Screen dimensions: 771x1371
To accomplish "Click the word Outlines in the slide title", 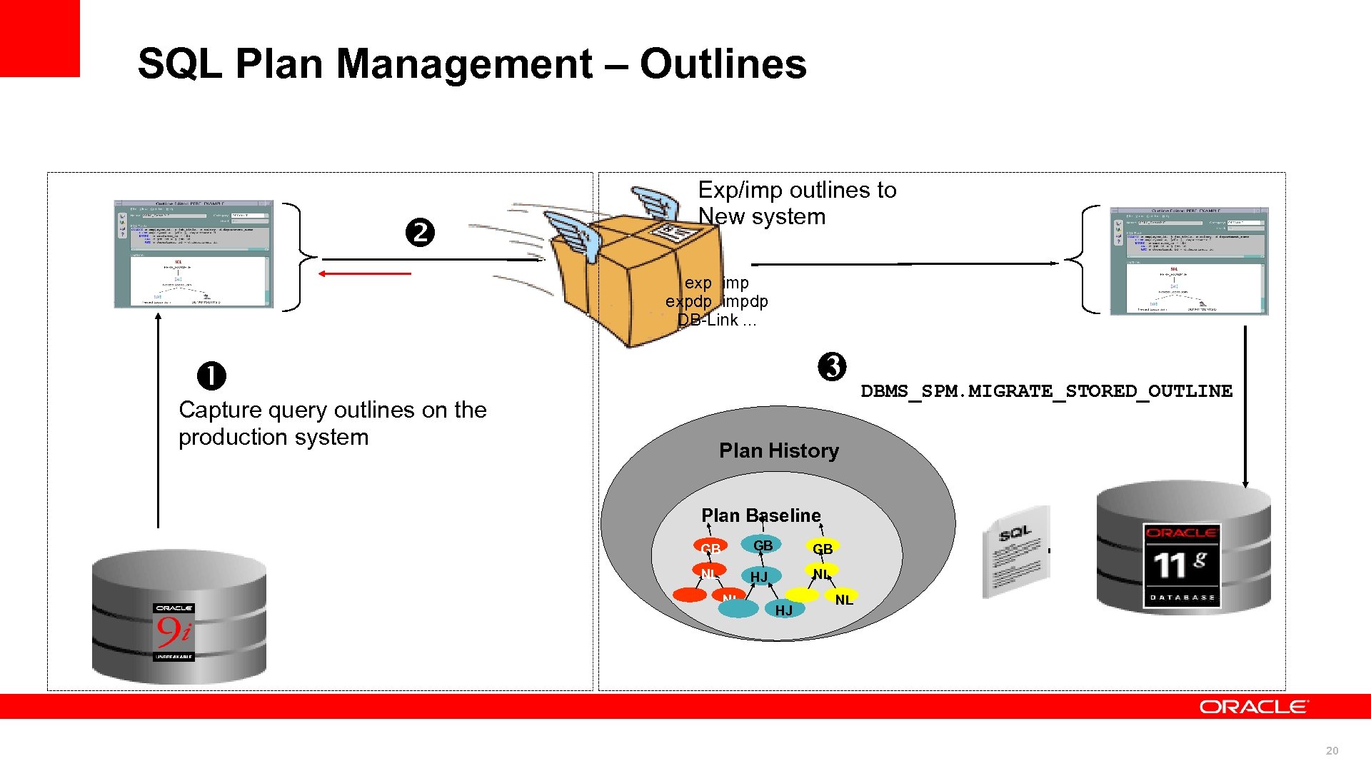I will (723, 64).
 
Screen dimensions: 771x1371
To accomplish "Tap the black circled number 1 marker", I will (211, 376).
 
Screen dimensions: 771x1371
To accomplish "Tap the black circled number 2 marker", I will (420, 233).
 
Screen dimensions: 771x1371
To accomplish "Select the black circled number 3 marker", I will (832, 367).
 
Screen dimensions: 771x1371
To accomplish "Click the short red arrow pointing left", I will (364, 273).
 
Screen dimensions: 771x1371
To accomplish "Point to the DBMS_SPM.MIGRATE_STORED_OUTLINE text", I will (1046, 391).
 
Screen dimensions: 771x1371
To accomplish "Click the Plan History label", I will (778, 450).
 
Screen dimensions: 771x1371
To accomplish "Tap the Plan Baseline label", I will (760, 515).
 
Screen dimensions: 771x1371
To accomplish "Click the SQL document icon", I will (1016, 552).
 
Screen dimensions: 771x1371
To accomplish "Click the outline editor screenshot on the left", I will (194, 254).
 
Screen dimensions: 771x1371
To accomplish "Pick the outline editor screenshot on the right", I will (1189, 261).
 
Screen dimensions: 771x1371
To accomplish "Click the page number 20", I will (1332, 750).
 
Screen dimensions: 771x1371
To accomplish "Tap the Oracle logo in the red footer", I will (1253, 707).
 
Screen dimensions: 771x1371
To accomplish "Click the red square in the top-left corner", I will (39, 37).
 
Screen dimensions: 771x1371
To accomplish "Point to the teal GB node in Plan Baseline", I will (762, 545).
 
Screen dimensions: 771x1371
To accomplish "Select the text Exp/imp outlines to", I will (796, 190).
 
